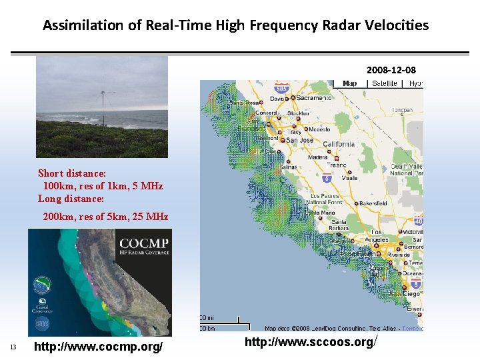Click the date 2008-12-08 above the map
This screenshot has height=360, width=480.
click(391, 69)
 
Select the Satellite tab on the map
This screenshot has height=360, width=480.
click(385, 83)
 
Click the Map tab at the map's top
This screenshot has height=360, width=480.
click(349, 83)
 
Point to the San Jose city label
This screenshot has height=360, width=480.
click(300, 140)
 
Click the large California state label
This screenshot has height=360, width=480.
click(338, 144)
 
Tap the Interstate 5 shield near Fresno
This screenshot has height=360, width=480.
click(327, 179)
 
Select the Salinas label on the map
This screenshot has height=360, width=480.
click(287, 167)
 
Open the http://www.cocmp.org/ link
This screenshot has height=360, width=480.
click(98, 347)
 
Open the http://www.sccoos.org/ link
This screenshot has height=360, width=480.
click(309, 342)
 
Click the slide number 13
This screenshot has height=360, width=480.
click(13, 347)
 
